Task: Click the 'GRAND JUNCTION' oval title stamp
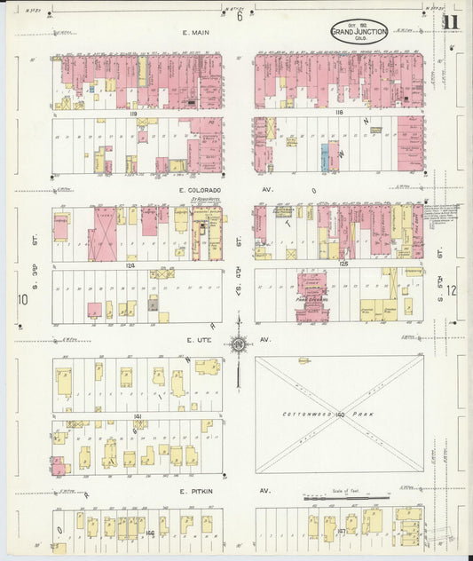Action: point(359,32)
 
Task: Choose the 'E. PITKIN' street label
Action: point(194,490)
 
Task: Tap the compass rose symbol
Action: point(238,344)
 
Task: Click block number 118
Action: point(338,114)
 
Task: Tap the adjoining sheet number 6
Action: point(239,16)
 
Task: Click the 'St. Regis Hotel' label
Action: point(205,201)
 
